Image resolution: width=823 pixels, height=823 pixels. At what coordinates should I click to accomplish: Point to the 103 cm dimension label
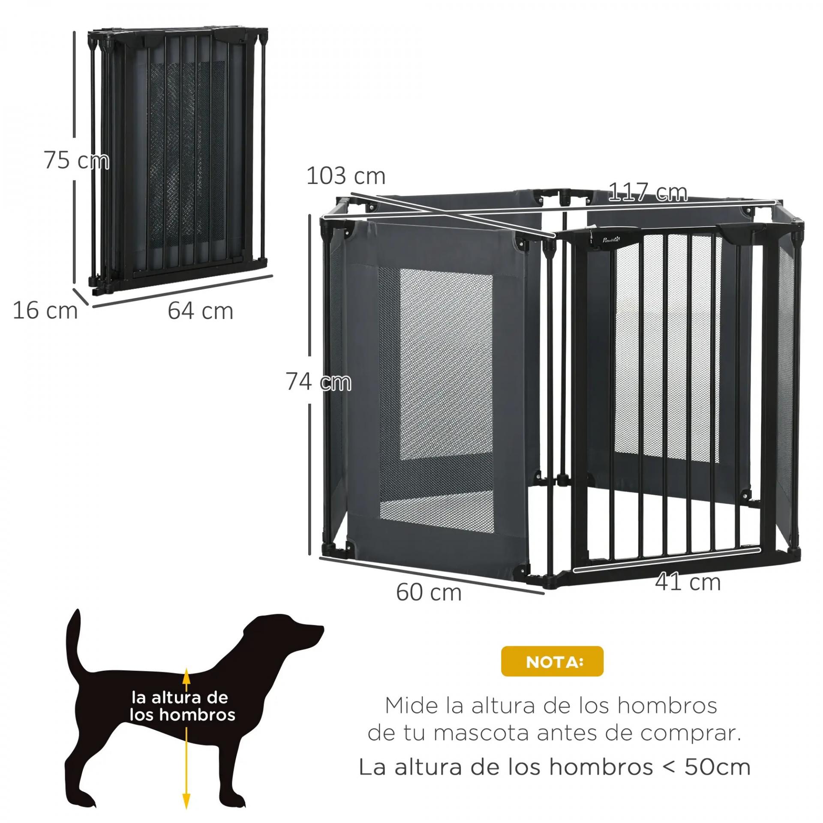coord(346,176)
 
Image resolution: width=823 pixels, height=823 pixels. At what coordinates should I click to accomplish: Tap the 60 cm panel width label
coord(429,592)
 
